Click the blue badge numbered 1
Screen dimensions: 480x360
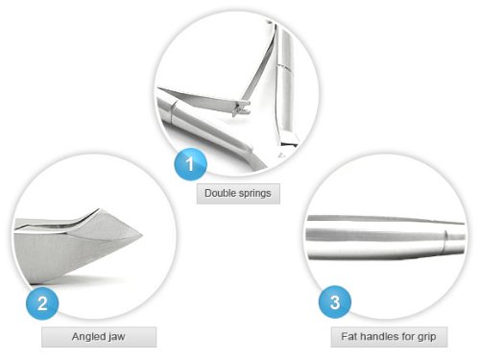[190, 164]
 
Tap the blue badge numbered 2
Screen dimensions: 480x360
[42, 303]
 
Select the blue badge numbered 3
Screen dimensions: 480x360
[335, 302]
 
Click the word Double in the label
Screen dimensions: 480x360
[220, 193]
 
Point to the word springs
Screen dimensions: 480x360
[254, 194]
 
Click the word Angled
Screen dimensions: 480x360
[85, 337]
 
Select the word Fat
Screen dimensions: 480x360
[348, 336]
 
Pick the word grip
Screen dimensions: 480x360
[427, 337]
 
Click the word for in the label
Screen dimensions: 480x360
[408, 336]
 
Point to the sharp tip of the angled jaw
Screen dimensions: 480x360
[142, 235]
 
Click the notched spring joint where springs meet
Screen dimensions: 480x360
[242, 108]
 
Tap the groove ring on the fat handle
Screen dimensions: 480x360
[445, 242]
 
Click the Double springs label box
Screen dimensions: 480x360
[238, 194]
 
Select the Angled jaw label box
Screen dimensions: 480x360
[99, 337]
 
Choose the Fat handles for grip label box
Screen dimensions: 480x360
[389, 337]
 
